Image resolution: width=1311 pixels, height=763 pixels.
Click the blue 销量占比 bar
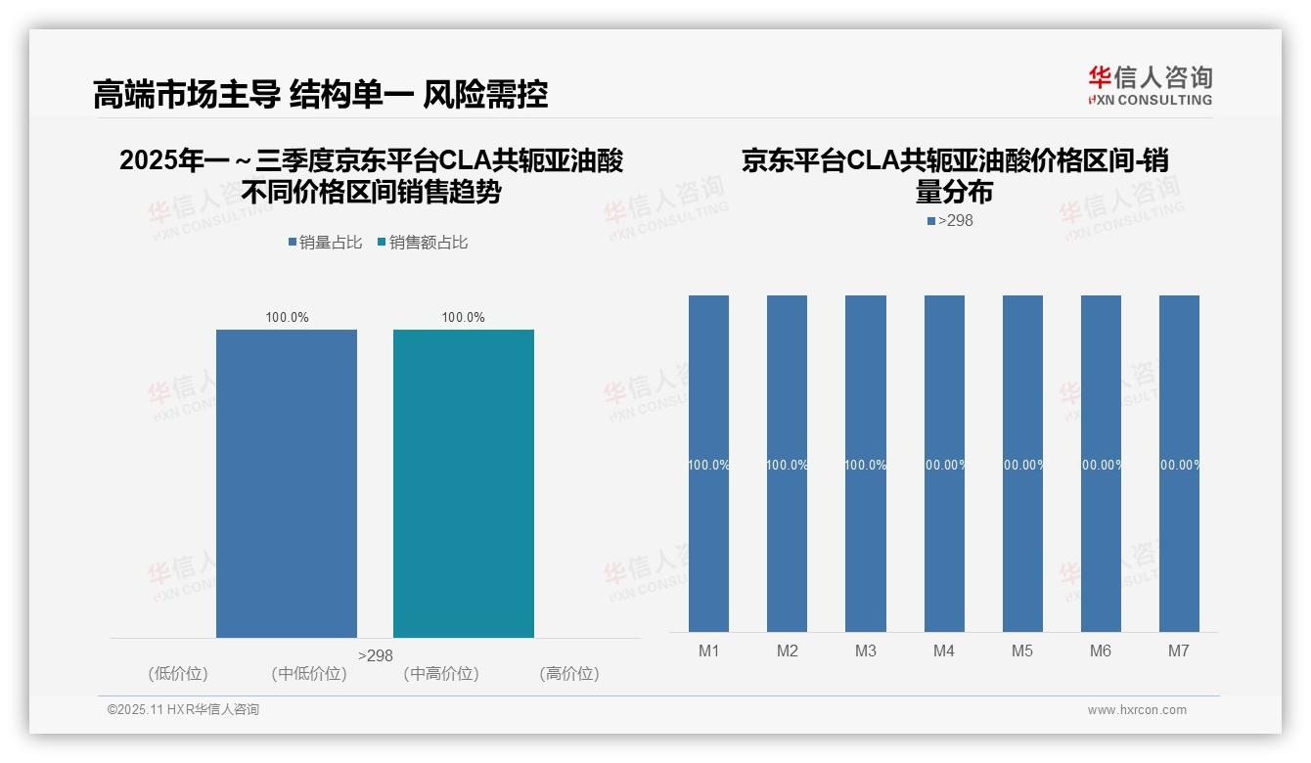point(287,483)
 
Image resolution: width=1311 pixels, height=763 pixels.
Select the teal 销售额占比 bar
point(464,483)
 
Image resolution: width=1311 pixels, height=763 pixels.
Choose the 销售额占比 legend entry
point(423,243)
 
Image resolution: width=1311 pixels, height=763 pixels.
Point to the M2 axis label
point(788,651)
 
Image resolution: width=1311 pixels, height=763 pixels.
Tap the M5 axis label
point(1022,651)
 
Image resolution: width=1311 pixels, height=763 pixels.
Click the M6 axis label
point(1101,651)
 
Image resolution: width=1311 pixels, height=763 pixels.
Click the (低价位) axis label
point(178,673)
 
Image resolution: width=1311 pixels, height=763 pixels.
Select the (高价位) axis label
point(569,673)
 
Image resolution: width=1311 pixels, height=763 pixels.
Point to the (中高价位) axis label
point(441,673)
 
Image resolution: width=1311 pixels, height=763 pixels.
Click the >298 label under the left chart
point(376,655)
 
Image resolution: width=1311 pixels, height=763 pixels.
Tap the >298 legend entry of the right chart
point(950,221)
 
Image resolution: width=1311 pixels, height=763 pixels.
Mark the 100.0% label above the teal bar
point(463,317)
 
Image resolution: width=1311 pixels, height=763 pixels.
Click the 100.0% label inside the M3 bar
point(866,465)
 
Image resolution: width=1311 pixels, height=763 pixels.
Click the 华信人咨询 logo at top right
point(1150,85)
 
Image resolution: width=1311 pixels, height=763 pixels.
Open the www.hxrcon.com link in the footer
point(1137,710)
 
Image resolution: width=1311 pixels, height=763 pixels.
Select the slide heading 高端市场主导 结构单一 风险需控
point(320,94)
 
